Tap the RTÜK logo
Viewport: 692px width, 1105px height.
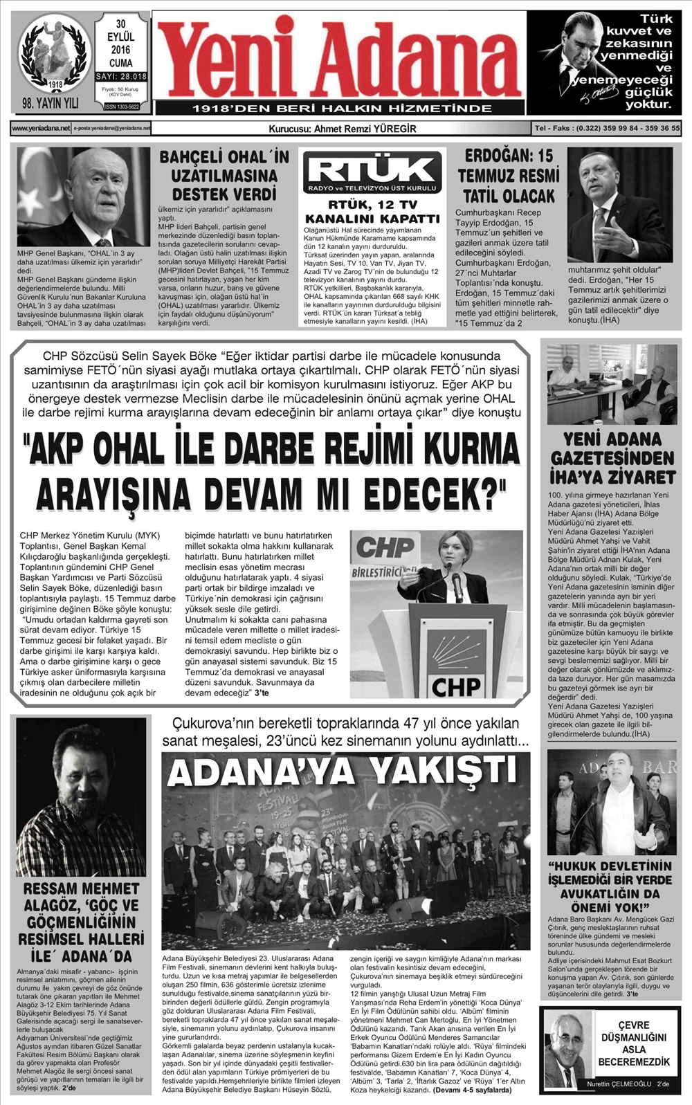[372, 172]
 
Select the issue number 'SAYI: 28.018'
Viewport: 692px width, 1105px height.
[121, 77]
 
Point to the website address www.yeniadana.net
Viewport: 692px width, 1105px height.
[41, 129]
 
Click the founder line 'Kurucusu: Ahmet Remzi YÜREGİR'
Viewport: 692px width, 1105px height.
[342, 129]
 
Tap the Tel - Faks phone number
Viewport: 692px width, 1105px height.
[607, 129]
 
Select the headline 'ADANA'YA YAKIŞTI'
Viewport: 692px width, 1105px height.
[343, 772]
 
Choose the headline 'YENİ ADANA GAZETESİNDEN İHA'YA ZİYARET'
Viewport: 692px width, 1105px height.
[612, 458]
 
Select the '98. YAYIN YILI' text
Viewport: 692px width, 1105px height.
[50, 103]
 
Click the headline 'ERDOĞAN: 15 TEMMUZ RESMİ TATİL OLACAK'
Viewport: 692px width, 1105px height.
[508, 176]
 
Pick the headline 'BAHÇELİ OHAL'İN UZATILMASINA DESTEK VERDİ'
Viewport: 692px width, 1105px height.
[224, 176]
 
